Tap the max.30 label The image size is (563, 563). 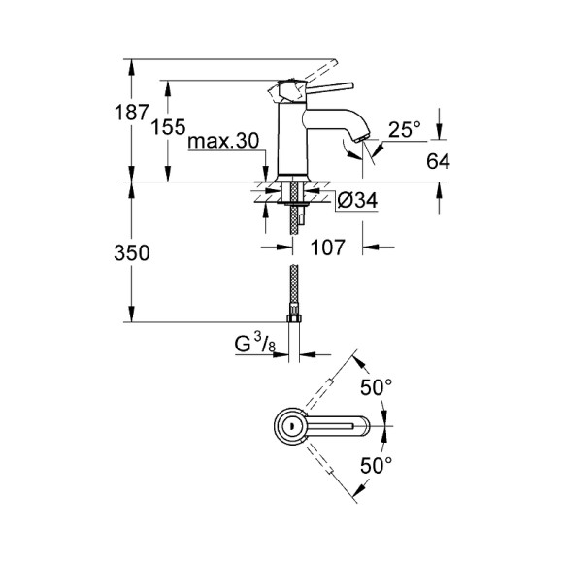click(x=224, y=142)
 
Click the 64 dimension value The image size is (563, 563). click(x=438, y=162)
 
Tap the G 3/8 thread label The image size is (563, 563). click(x=251, y=343)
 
